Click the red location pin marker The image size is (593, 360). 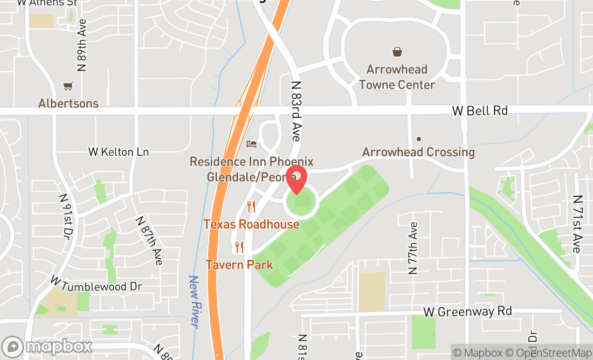point(296,179)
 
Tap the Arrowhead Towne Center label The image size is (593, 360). point(397,77)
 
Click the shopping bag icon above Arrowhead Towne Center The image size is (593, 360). point(397,52)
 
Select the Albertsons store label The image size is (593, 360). point(68,103)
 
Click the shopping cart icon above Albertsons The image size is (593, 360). point(68,86)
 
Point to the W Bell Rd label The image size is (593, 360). point(480,110)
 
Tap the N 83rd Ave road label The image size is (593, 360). point(296,111)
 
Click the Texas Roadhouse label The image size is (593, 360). point(251,224)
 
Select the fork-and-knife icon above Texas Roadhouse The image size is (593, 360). point(251,206)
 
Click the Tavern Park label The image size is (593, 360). point(239,265)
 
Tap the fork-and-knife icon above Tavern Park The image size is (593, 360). point(239,247)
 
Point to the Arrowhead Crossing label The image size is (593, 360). point(418,152)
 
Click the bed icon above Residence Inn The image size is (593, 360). point(252,144)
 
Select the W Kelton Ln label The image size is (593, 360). point(119,152)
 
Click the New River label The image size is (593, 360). point(194,301)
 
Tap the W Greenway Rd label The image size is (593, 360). point(467,311)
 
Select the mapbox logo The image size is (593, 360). point(47,345)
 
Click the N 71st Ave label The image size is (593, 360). point(577,224)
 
